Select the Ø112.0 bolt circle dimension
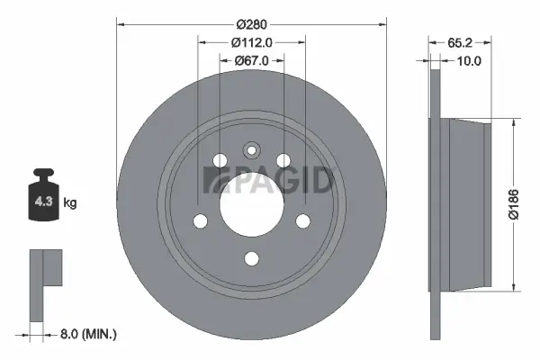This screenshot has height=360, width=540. pos(251,41)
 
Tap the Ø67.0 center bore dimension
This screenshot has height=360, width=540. pos(251,60)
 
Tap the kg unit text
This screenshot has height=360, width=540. pos(69,203)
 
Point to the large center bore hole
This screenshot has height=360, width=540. pos(251,193)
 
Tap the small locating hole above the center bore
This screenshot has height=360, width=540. pos(251,150)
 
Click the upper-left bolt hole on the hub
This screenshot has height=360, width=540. pos(220,160)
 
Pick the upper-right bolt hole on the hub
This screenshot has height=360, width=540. pos(283,160)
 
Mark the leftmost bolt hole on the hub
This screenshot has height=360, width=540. pos(200,221)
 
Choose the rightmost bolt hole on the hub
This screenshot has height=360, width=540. pos(303,221)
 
